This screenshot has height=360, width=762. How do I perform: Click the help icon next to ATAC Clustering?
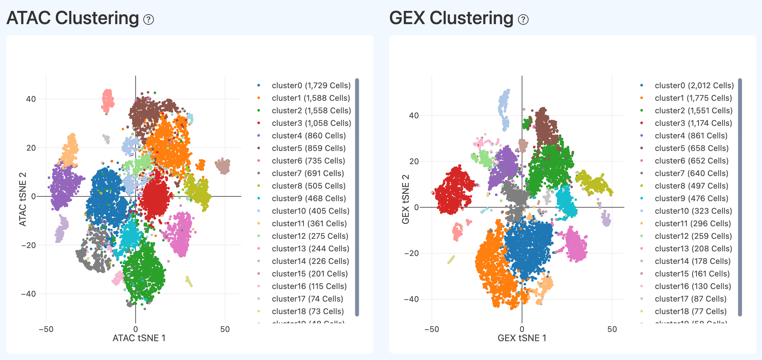click(x=149, y=20)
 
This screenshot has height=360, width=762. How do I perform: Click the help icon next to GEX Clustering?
click(x=523, y=20)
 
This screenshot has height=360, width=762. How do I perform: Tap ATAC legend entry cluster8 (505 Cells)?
click(x=308, y=186)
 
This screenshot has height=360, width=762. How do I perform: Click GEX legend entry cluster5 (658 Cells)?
click(x=691, y=148)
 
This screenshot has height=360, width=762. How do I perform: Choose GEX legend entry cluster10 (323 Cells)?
click(x=693, y=211)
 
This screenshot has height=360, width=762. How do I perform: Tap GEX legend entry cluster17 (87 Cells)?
click(x=690, y=299)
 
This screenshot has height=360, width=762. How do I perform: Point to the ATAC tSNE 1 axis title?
click(x=139, y=338)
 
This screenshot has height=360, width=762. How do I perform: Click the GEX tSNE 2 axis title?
click(x=405, y=199)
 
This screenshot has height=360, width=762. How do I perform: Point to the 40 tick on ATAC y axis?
click(x=31, y=99)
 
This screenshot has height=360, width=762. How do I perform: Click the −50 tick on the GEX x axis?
click(x=432, y=329)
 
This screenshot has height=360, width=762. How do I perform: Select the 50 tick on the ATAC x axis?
click(x=225, y=329)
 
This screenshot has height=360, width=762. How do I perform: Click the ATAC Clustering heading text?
click(x=73, y=18)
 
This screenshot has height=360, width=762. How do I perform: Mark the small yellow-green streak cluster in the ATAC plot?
click(x=189, y=281)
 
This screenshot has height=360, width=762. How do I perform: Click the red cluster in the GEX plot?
click(x=454, y=192)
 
